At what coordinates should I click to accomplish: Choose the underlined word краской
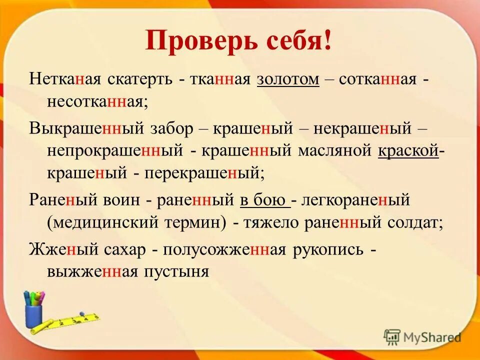pos(408,150)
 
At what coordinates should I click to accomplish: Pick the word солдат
pos(415,222)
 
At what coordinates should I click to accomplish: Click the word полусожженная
pos(224,248)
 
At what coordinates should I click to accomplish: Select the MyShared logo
pos(422,337)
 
